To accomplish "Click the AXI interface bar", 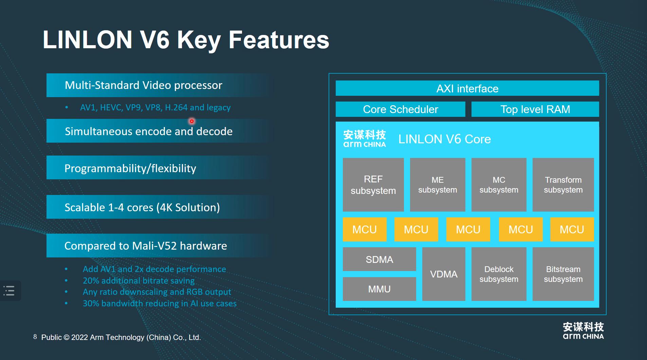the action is (x=467, y=88).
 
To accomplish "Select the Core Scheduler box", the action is (x=400, y=109).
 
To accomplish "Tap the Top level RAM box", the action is (x=535, y=109).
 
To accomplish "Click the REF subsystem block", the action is (x=373, y=185).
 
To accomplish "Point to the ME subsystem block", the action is (x=438, y=185).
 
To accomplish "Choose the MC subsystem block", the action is (x=499, y=185).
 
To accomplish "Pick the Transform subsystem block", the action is (x=563, y=185).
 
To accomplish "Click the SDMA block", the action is (x=379, y=259).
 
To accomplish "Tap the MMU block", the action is (x=379, y=289).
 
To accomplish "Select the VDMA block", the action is (x=444, y=274).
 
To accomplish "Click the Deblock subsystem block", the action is (x=499, y=274).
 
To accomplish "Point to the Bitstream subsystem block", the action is (x=563, y=274).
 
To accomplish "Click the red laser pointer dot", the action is (x=192, y=121).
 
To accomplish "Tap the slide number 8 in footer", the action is (x=35, y=337).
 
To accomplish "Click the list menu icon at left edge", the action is (x=9, y=291).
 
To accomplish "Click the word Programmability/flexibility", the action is (x=130, y=168).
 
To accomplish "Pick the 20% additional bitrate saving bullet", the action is (x=138, y=281).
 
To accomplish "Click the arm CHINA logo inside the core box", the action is (x=365, y=139).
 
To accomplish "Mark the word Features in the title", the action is (x=279, y=40).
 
